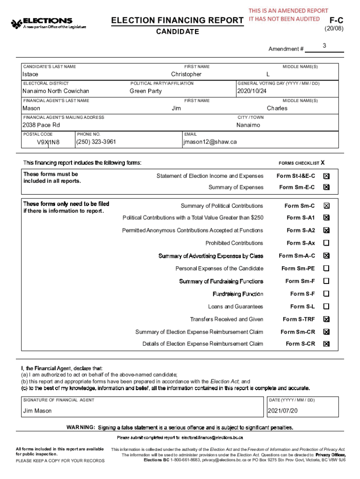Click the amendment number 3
324,45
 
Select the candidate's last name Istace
31,74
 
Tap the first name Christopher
186,74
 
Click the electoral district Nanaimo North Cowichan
56,91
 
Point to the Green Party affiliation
145,91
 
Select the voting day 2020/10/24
252,91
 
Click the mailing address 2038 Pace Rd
41,125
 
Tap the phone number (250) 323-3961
96,142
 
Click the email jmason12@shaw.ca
210,142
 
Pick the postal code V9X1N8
49,142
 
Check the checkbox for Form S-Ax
326,243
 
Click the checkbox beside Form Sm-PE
326,269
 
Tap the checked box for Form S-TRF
326,319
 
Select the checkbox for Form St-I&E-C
326,176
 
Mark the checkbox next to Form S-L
326,307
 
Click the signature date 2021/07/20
283,411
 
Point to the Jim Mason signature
37,411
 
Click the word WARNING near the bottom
81,428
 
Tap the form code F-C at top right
337,21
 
